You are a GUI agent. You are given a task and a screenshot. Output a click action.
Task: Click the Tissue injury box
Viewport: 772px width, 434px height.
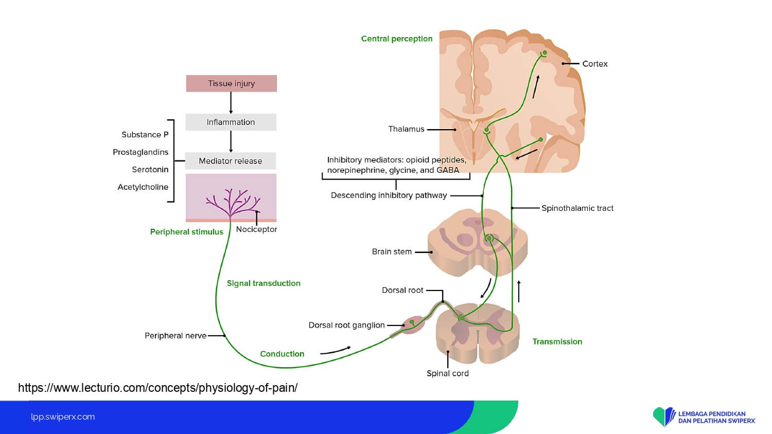point(231,83)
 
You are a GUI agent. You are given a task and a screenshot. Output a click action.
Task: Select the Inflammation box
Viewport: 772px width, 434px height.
point(231,122)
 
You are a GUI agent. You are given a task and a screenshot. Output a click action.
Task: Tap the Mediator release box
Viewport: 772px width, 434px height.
point(230,161)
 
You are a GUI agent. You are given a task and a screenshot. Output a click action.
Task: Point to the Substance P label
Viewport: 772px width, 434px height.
point(145,135)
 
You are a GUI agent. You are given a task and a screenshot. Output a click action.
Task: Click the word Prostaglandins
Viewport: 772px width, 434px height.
point(141,152)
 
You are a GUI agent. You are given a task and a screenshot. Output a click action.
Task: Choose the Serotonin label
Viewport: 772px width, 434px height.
point(150,170)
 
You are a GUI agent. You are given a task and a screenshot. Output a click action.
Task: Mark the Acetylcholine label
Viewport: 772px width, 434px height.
point(143,187)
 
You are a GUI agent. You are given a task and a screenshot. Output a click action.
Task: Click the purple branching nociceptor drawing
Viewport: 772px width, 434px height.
point(232,202)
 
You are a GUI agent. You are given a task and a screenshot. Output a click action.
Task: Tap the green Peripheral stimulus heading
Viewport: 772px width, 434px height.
point(186,232)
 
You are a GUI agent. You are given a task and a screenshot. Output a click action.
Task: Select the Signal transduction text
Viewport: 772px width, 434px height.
point(264,283)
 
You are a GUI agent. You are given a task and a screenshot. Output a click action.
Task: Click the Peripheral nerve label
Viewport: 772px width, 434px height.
point(175,336)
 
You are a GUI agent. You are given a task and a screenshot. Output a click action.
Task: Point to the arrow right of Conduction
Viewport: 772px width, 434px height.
point(335,351)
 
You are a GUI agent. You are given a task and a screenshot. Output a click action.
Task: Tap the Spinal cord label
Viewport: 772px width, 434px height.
point(447,373)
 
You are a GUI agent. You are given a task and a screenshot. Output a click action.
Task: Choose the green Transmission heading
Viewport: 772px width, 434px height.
point(557,341)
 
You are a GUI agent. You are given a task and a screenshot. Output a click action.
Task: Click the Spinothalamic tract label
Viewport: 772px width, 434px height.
point(577,208)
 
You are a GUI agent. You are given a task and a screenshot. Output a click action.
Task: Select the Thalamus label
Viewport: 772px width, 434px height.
point(406,129)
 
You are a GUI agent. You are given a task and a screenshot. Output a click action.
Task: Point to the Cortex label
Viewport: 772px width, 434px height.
point(594,64)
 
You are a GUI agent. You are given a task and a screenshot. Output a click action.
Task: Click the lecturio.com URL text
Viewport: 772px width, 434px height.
point(157,388)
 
